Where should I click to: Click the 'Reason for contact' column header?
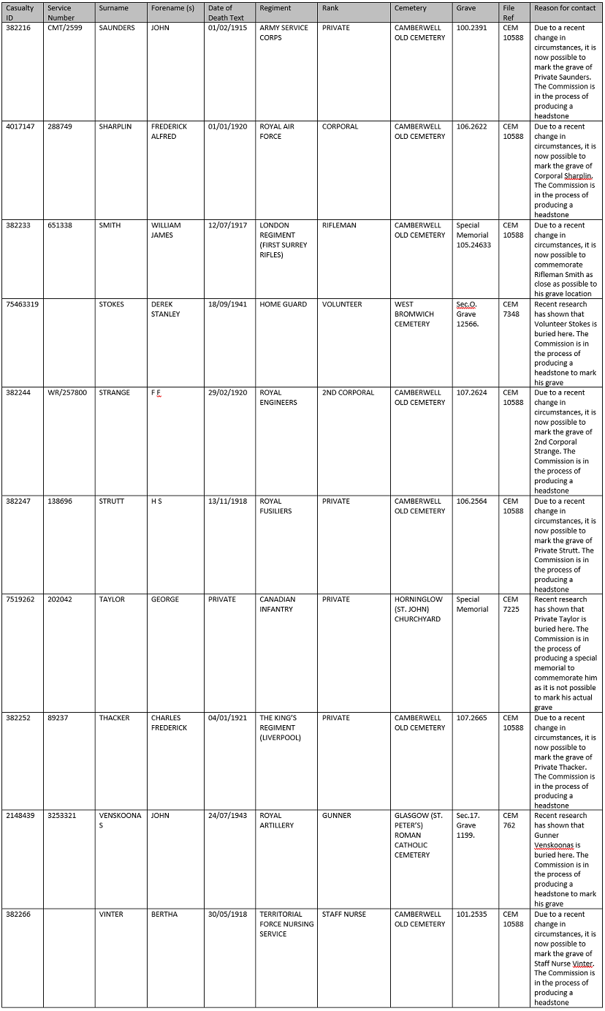tap(565, 9)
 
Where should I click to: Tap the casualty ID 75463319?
tap(21, 304)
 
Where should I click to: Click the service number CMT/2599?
tap(65, 28)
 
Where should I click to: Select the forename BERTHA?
tap(164, 915)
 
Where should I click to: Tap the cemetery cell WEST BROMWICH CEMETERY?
tap(414, 314)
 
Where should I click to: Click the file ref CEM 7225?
tap(511, 604)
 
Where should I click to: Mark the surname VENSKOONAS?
tap(121, 820)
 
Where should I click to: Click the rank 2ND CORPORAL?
tap(348, 393)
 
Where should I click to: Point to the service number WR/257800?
tap(67, 393)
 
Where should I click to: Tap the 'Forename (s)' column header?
tap(172, 9)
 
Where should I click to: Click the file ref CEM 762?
tap(510, 820)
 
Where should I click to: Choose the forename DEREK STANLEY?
tap(165, 309)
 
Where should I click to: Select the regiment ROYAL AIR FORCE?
tap(277, 131)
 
